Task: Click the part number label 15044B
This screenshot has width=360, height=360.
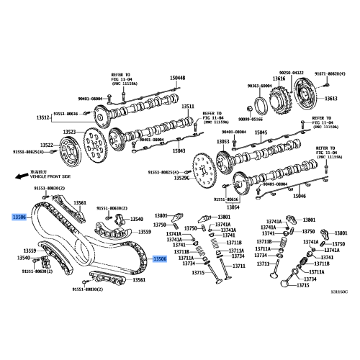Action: point(177,78)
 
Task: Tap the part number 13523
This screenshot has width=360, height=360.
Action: point(69,132)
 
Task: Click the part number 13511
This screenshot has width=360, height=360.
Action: point(188,107)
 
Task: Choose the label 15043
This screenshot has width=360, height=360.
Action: point(178,150)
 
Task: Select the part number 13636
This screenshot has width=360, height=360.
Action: point(279,78)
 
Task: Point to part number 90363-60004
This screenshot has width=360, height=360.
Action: point(261,86)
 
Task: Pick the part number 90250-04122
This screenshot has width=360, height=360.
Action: point(292,72)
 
